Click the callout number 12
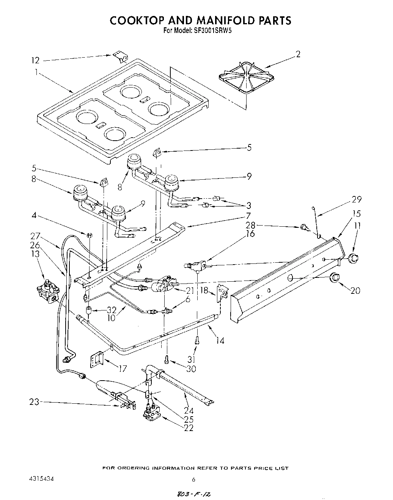click(35, 60)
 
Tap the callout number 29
click(356, 199)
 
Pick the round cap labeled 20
click(335, 277)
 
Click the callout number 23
click(34, 402)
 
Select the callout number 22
click(188, 428)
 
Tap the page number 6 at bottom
click(193, 480)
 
